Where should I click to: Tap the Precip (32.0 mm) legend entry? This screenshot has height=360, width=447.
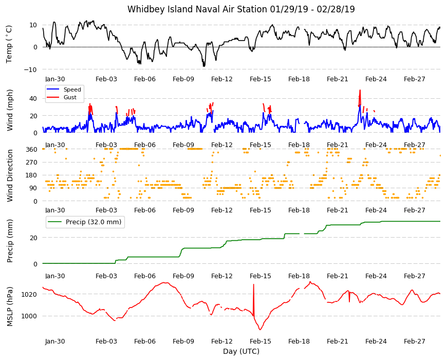click(x=85, y=222)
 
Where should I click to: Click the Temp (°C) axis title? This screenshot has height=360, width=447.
click(x=9, y=44)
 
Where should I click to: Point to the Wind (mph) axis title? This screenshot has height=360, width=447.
click(x=10, y=110)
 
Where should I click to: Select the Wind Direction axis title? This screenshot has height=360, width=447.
click(x=10, y=175)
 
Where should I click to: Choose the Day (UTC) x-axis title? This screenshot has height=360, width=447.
click(x=241, y=351)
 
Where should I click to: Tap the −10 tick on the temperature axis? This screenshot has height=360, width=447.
click(x=30, y=69)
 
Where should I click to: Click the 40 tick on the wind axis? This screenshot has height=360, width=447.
click(x=33, y=99)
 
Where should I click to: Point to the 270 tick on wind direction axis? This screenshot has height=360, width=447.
click(x=32, y=163)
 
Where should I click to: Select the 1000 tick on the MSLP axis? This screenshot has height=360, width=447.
click(x=30, y=316)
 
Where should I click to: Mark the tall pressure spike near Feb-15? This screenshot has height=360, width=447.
click(x=253, y=299)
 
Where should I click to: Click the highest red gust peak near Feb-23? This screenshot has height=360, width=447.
click(x=360, y=91)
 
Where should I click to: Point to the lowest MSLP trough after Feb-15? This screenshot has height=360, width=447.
click(x=260, y=330)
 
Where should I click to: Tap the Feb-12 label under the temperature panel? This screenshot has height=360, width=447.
click(x=222, y=79)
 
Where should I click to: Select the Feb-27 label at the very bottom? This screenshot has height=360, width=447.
click(x=415, y=341)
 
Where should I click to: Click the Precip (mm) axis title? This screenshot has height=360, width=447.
click(x=10, y=241)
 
